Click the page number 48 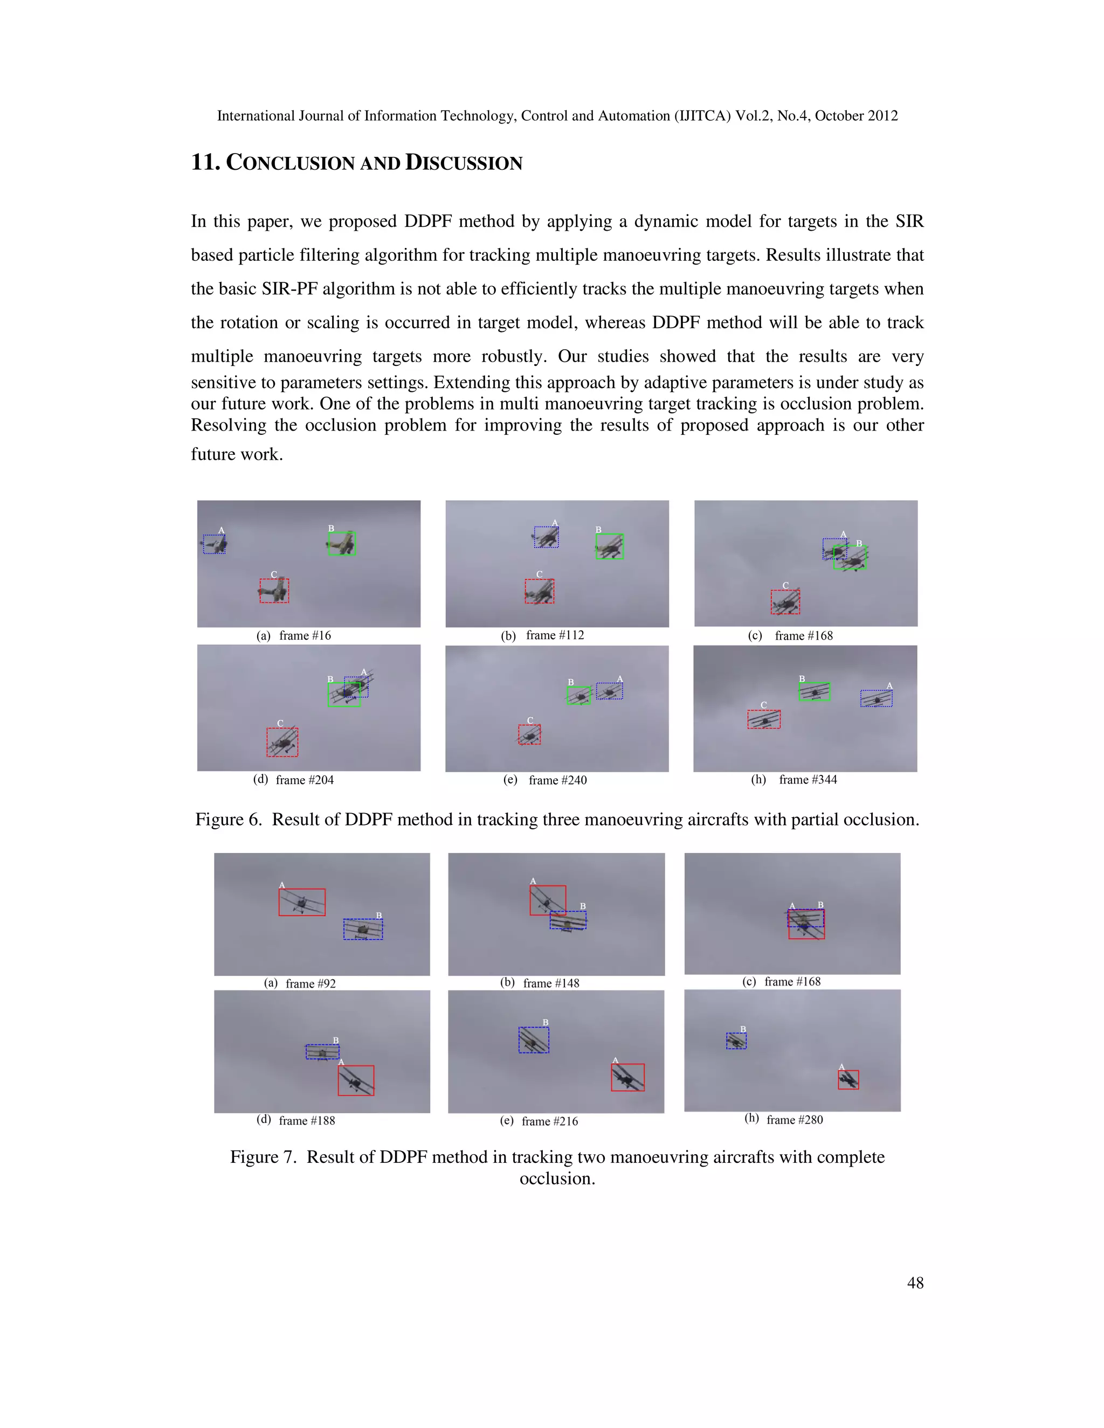coord(915,1283)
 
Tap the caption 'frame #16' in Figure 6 coord(305,635)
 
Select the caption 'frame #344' coord(808,779)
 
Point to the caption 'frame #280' coord(795,1119)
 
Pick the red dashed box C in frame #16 coord(274,591)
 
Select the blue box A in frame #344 coord(877,698)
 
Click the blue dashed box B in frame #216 coord(534,1039)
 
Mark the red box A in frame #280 coord(848,1079)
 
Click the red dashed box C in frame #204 coord(282,742)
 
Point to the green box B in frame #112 coord(610,546)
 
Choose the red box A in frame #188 coord(356,1080)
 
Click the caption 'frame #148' coord(551,983)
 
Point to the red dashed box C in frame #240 coord(530,735)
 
